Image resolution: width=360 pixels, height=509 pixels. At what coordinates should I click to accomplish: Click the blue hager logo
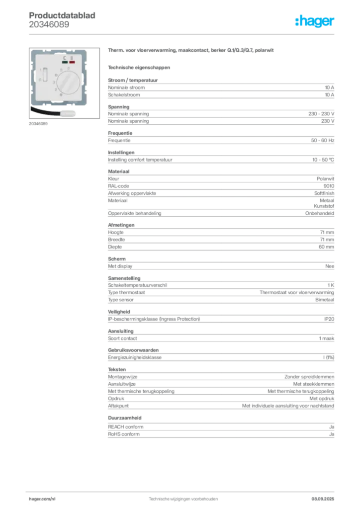click(x=315, y=22)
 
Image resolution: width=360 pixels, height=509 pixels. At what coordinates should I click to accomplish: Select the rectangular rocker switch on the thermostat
click(x=45, y=75)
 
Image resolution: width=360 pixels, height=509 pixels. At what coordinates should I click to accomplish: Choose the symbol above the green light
click(x=65, y=58)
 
